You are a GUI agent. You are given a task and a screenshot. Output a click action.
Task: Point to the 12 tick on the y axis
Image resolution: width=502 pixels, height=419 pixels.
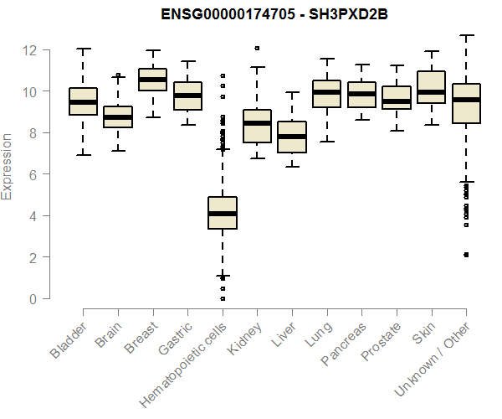coord(31,50)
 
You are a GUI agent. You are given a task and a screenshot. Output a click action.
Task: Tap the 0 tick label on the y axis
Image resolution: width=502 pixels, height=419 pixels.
coord(34,299)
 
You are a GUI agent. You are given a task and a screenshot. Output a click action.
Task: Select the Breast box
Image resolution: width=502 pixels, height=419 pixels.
coord(153,80)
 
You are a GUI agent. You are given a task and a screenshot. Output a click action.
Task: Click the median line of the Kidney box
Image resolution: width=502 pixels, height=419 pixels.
coord(257,123)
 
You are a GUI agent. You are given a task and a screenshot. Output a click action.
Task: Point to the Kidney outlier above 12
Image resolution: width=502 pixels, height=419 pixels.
coord(257,49)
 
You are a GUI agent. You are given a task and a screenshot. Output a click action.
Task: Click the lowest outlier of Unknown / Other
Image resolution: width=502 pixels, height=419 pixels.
coord(466,255)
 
